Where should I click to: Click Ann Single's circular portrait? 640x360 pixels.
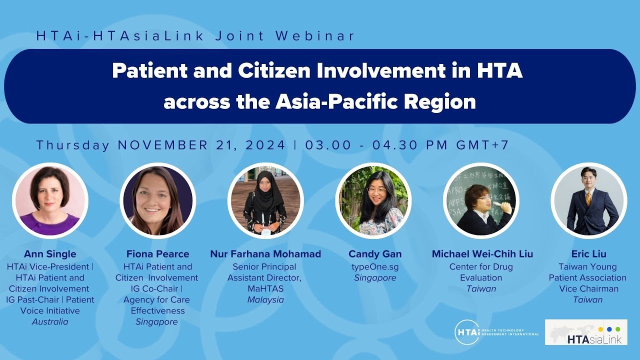coord(50,200)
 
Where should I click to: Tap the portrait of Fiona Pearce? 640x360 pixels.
coord(157,200)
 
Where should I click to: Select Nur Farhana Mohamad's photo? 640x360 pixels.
coord(265,200)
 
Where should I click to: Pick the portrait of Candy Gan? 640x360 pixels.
coord(373,200)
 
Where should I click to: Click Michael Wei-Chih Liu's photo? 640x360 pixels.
coord(481,200)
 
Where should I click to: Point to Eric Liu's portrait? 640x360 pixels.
coord(589,200)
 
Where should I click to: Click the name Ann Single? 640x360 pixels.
coord(50,254)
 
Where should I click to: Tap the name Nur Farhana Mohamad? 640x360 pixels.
coord(265,254)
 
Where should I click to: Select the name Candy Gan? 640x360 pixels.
coord(375,254)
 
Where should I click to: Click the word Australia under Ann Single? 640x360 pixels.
coord(50,321)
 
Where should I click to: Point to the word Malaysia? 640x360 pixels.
coord(265,300)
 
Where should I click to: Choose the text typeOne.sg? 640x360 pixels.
coord(375,267)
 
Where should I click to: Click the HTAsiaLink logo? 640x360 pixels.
coord(586,332)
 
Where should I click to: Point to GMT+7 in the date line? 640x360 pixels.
coord(482,145)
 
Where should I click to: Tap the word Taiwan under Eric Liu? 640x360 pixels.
coord(587,300)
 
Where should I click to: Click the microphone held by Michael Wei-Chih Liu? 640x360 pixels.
coord(497,204)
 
